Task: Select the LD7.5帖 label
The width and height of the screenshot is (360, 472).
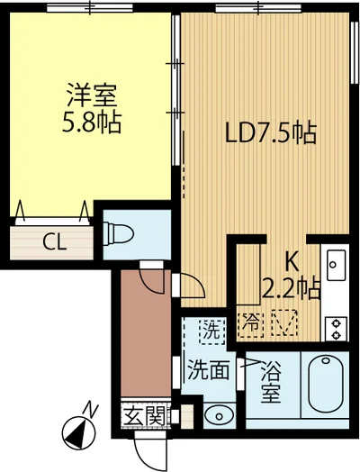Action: coord(269,134)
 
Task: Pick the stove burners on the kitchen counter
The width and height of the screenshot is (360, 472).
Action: coord(337,327)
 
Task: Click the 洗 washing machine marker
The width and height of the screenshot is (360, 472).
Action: coord(209,331)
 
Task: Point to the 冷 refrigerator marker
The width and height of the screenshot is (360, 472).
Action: coord(254,319)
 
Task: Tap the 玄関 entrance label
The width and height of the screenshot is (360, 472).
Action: coord(144,416)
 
